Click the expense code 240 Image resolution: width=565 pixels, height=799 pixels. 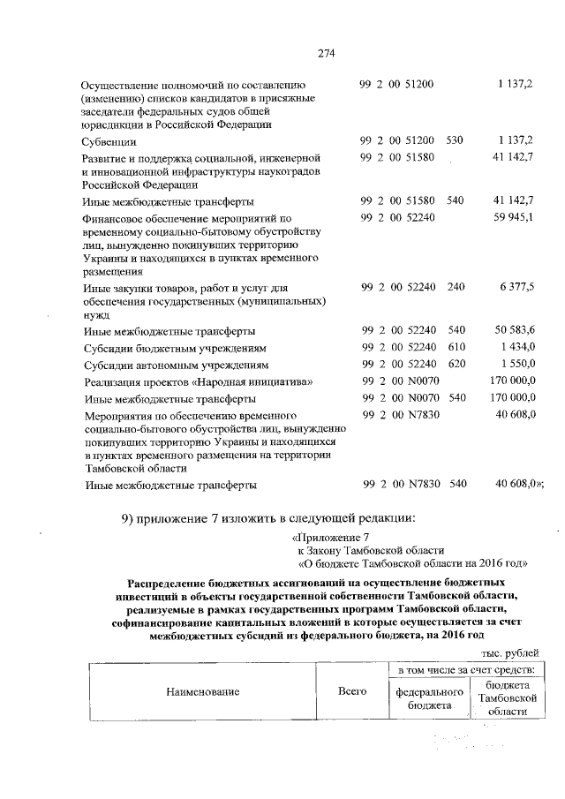point(456,288)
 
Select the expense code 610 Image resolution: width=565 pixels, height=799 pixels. point(456,347)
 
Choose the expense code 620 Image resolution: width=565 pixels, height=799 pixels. point(456,364)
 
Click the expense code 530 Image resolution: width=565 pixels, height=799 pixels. point(456,140)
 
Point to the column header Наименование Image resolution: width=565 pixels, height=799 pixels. point(203,691)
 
